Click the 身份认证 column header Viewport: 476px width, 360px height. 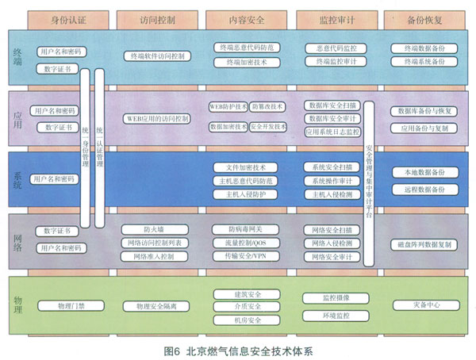(67, 17)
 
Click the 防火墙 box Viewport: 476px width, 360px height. (154, 230)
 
